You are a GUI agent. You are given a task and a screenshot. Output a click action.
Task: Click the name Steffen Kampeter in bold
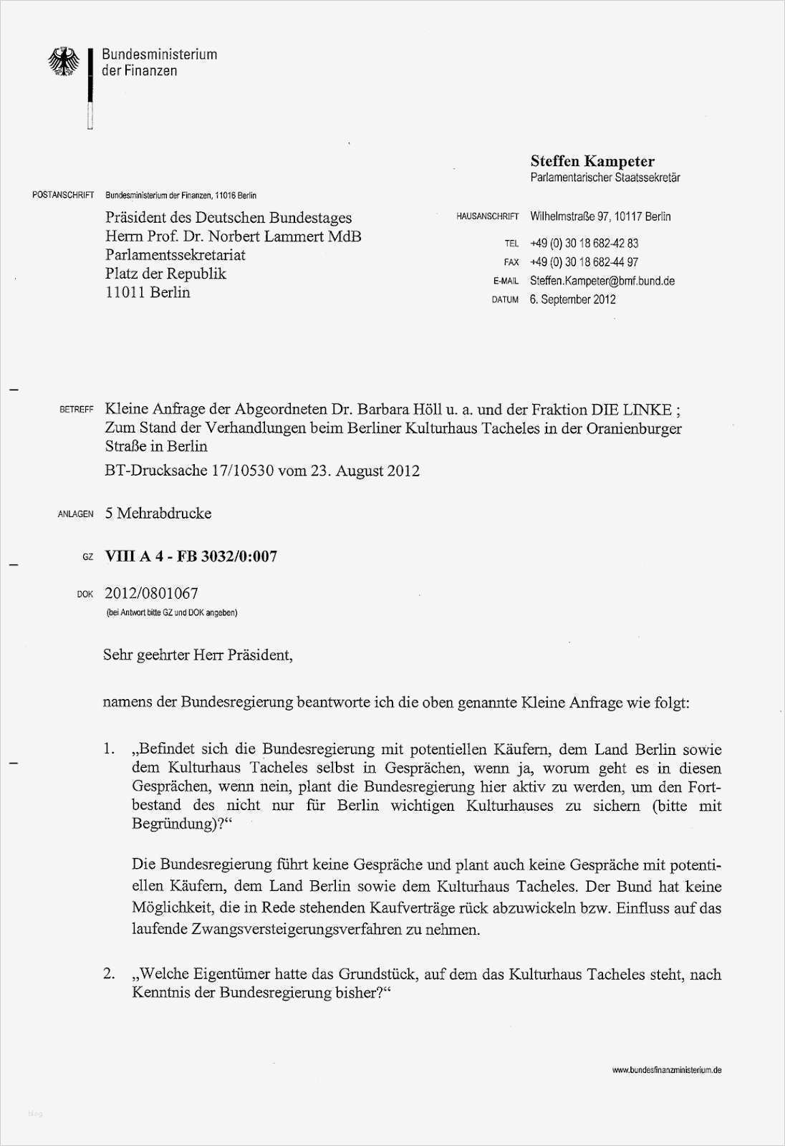tap(592, 161)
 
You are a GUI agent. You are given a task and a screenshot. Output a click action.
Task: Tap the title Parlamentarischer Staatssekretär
tap(605, 178)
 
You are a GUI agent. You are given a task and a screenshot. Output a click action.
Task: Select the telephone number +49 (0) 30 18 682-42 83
tap(584, 244)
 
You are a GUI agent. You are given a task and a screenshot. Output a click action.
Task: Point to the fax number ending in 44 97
tap(584, 262)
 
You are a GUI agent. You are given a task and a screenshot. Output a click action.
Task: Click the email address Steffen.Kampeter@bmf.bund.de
tap(602, 281)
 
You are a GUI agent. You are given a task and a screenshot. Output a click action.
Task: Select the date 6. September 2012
tap(572, 299)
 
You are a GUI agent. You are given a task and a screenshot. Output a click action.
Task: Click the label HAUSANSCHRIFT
tap(487, 216)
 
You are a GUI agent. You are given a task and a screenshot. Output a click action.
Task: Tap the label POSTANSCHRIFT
tap(63, 196)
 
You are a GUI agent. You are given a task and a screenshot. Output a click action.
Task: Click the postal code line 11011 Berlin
tap(148, 292)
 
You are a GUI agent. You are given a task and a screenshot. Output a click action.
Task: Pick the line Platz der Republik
tap(165, 274)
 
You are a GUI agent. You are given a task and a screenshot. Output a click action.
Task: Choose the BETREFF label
tap(77, 410)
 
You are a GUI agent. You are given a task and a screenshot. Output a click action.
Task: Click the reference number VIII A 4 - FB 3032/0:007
tap(191, 556)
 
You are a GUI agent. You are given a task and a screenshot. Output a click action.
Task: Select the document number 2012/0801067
tap(151, 593)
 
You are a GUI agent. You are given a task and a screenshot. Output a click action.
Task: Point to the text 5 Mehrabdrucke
tap(158, 513)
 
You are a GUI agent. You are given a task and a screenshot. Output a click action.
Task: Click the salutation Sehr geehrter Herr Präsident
tap(198, 655)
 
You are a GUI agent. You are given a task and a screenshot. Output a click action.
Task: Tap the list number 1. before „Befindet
tap(109, 749)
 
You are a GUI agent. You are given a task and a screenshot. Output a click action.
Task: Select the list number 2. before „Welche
tap(109, 974)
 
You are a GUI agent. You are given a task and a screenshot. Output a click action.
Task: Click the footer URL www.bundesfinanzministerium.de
tap(666, 1070)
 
